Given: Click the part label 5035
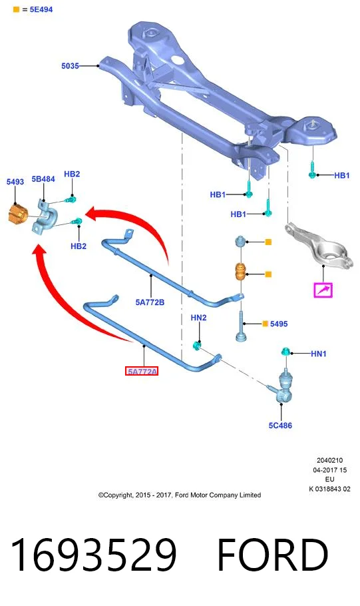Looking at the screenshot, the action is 70,66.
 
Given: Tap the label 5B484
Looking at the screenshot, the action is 43,179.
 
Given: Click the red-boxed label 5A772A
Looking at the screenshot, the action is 142,372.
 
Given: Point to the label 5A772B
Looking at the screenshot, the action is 150,302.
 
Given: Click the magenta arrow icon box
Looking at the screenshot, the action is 323,290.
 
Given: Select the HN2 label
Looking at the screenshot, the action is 198,318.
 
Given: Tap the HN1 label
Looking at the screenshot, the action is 319,353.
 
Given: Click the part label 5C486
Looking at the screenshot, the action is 280,425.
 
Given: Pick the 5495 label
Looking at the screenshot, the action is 279,324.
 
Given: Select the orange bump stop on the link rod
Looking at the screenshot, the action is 242,272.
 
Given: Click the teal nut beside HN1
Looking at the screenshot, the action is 285,352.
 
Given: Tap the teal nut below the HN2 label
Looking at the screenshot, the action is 197,345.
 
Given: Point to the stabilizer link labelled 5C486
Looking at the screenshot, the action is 284,386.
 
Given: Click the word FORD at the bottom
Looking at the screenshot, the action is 273,555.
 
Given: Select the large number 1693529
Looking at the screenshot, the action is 94,555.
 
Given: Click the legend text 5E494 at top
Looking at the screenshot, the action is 41,9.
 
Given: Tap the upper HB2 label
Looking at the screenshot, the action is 72,174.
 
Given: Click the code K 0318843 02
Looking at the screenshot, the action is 329,489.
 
